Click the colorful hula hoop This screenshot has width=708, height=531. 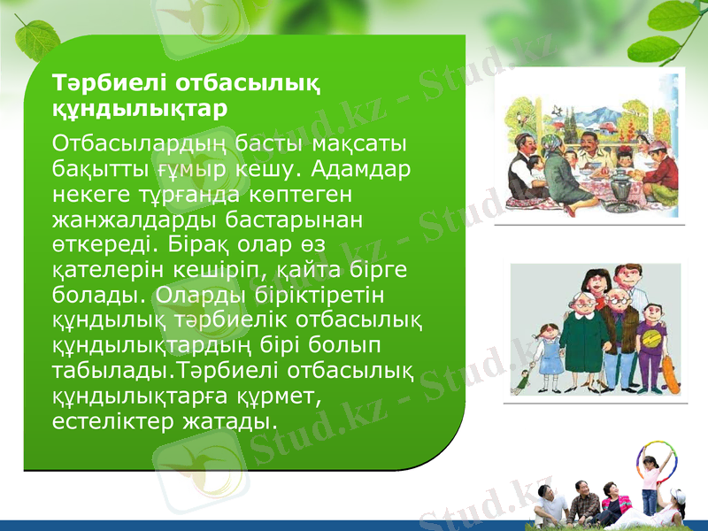(x=656, y=459)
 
